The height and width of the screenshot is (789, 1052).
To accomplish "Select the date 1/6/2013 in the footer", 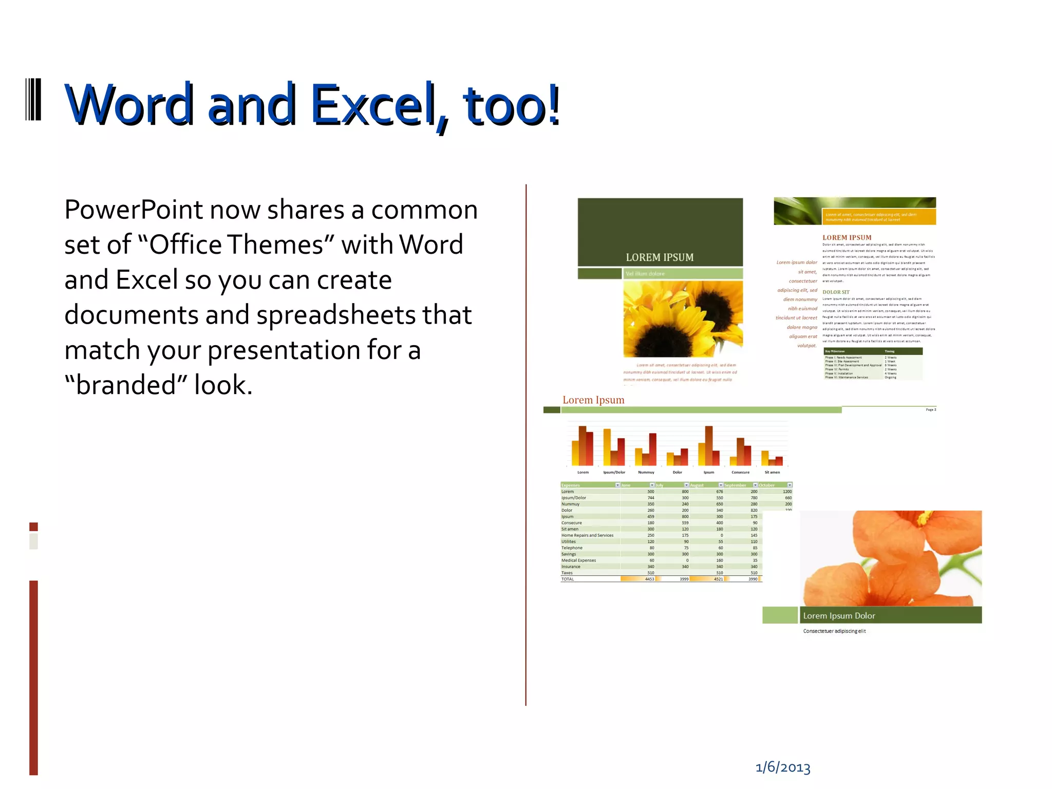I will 782,767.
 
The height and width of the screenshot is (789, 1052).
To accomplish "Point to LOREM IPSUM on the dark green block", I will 660,257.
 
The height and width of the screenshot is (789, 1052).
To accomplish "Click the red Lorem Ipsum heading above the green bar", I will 593,400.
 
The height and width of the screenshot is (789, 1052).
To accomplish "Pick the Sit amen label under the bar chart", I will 772,473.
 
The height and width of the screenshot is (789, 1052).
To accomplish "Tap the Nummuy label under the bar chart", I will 646,473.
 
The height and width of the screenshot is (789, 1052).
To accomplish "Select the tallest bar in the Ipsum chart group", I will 709,445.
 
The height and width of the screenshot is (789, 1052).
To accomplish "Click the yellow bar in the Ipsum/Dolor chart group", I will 607,446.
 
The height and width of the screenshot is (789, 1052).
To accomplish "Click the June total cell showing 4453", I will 649,579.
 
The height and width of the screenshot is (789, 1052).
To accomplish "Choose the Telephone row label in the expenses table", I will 572,548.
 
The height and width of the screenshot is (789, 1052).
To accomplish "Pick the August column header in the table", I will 697,485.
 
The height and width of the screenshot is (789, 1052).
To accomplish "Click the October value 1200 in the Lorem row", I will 787,492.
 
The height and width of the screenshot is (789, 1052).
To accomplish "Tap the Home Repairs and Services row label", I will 587,535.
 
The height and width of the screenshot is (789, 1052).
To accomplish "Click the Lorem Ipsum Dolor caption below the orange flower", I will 839,616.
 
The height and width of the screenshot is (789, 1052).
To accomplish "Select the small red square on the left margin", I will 34,527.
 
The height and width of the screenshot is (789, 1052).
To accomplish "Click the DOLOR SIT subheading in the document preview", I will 836,292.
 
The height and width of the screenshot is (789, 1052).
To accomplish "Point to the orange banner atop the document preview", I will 878,217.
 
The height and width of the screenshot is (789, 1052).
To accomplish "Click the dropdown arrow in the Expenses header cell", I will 617,485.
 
